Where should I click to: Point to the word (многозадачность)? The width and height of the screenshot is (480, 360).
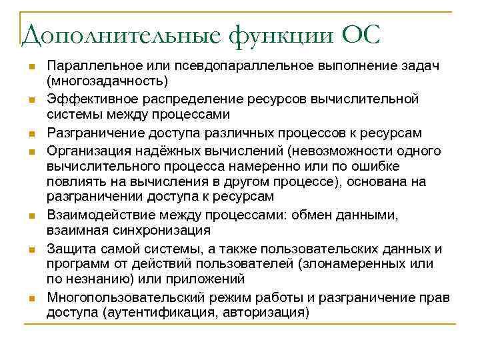pyautogui.click(x=107, y=81)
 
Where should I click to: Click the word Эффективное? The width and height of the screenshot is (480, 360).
pyautogui.click(x=83, y=99)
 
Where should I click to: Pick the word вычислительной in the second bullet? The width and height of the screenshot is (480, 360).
pyautogui.click(x=375, y=99)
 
